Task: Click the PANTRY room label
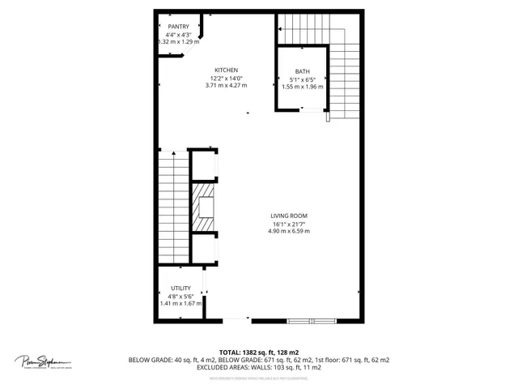pos(178,27)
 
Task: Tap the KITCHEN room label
pos(227,70)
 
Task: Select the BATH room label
pos(302,71)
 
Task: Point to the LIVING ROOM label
pos(289,216)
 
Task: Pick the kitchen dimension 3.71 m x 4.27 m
pos(227,85)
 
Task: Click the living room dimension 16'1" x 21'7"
pos(289,224)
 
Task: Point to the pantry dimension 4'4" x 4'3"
pos(178,35)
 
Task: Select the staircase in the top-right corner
pos(344,69)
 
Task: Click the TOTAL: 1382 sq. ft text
pos(259,352)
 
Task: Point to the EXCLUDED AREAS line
pos(259,367)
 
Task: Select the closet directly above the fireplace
pos(203,165)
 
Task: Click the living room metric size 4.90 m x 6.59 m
pos(289,232)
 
